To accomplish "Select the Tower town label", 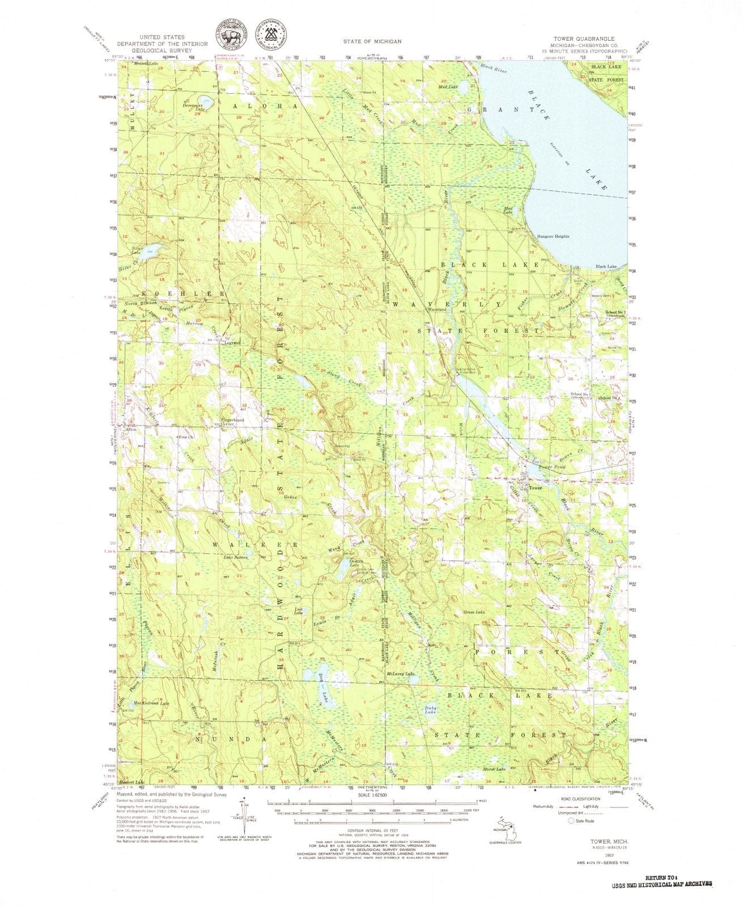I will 535,488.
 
